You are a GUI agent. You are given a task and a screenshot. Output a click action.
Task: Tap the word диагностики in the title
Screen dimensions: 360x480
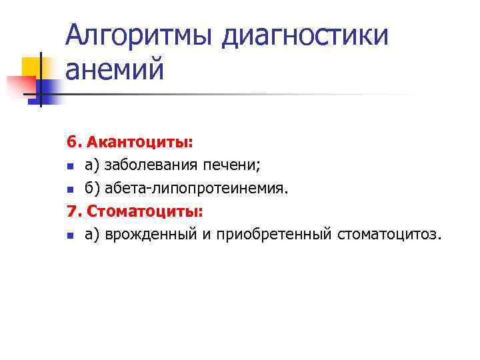[x=306, y=35]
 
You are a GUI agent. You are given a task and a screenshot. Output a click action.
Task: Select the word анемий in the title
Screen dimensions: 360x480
[x=114, y=69]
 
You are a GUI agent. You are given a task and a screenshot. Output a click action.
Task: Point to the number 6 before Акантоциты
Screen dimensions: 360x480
[x=71, y=142]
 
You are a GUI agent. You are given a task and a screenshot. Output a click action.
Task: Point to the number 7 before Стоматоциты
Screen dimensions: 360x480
[x=71, y=212]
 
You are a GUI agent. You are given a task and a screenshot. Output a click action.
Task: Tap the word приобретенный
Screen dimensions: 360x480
[x=281, y=235]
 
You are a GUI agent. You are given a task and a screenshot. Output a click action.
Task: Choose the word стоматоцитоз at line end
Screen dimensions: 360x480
[x=388, y=235]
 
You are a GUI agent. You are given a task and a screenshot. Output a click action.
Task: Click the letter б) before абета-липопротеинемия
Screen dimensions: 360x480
[x=92, y=189]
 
